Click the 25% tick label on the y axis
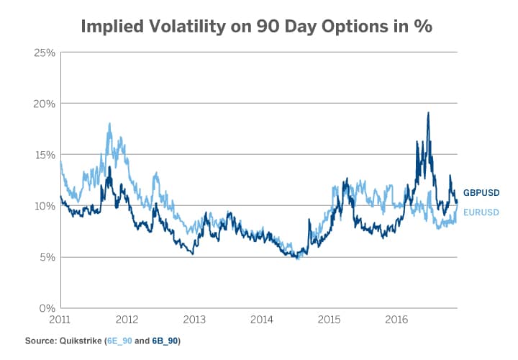coord(45,53)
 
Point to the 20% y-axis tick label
coord(45,104)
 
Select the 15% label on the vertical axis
coord(45,155)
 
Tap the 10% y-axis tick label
coord(45,206)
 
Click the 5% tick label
coord(47,257)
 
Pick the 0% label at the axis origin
coord(47,308)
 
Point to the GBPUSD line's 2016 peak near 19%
coord(429,113)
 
